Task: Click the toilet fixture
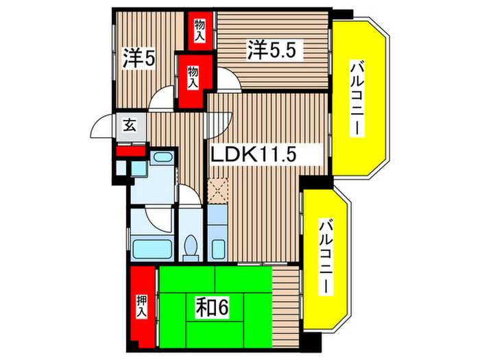pyautogui.click(x=191, y=247)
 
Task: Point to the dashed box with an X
pyautogui.click(x=219, y=189)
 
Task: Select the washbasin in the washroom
pyautogui.click(x=163, y=158)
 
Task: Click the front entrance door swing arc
pyautogui.click(x=103, y=124)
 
